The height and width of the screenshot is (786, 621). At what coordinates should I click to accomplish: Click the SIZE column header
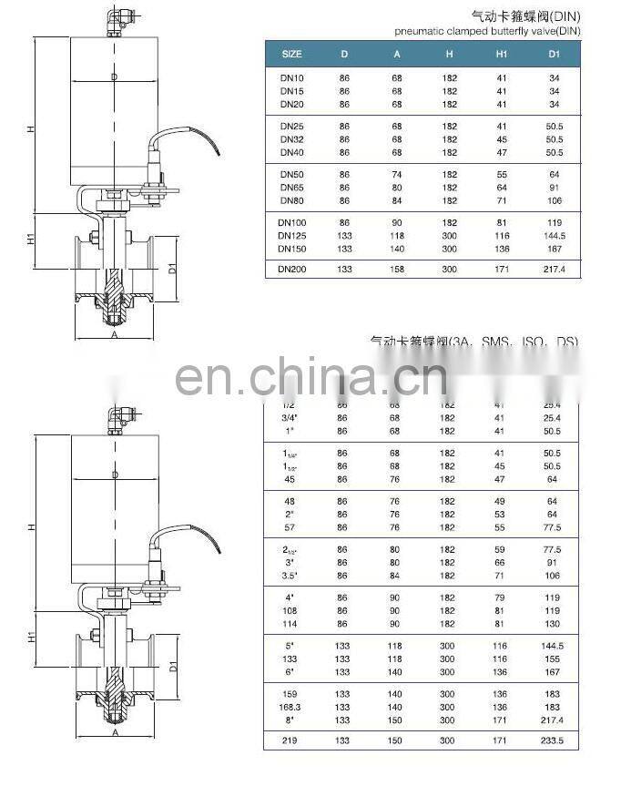pos(291,54)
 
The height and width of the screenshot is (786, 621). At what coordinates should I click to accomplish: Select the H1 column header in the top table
pos(501,54)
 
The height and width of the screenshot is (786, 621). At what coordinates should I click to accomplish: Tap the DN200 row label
pos(291,270)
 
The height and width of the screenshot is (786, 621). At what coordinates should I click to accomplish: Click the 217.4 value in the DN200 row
pos(554,270)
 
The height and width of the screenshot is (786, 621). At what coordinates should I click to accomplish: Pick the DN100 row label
pos(291,222)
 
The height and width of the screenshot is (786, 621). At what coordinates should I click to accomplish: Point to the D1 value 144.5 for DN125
pos(554,235)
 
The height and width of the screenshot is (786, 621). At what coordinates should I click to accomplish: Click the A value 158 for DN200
pos(397,270)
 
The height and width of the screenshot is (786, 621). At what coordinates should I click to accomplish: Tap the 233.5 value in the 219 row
pos(554,740)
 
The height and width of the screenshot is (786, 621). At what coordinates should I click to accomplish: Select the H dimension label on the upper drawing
pos(31,129)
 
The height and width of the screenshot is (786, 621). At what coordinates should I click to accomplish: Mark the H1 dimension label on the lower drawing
pos(31,637)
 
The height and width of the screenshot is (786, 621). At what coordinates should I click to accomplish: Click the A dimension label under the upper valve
pos(115,334)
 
